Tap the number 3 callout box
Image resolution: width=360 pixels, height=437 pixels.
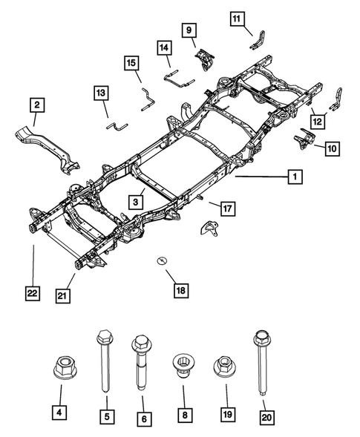coord(137,201)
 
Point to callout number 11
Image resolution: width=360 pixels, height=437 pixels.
coord(236,18)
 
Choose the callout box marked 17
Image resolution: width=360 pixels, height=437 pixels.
coord(226,209)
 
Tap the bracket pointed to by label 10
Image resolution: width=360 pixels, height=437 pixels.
coord(305,138)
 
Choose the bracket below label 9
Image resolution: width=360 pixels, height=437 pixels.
coord(203,58)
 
